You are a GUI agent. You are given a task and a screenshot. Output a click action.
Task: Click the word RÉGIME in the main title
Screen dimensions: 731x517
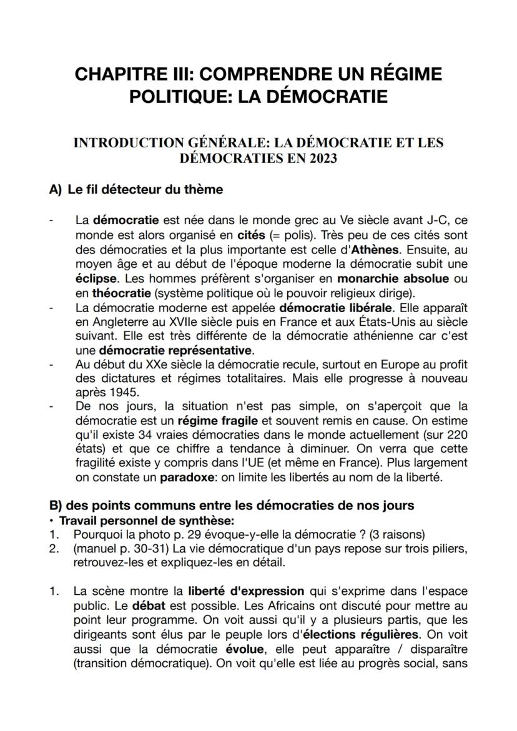[403, 74]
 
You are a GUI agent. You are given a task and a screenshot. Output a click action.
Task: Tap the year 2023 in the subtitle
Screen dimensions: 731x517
[322, 158]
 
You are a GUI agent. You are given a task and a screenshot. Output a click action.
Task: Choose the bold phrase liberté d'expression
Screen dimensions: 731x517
[246, 591]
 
